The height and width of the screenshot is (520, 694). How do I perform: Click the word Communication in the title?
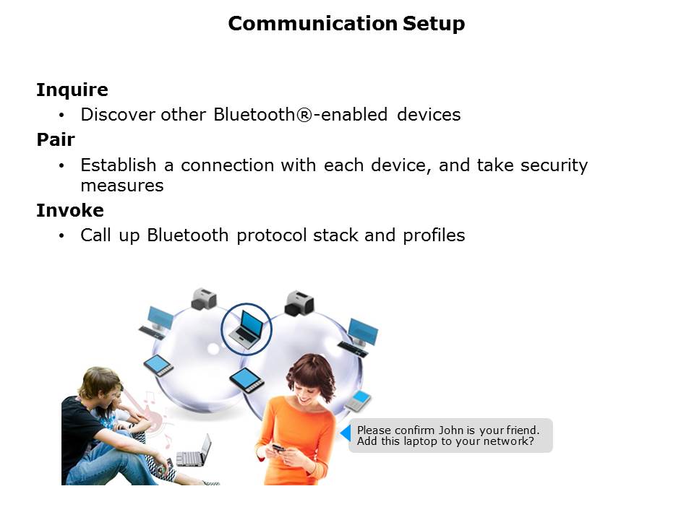[x=312, y=23]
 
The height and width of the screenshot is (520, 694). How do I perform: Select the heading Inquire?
[x=72, y=90]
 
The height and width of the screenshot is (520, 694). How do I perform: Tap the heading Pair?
[x=56, y=139]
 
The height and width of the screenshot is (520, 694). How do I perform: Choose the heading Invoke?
[x=70, y=210]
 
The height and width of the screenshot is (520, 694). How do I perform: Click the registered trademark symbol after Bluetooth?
[x=304, y=115]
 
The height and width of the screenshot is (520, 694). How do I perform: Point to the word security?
[x=554, y=166]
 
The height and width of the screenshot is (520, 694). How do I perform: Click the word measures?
[x=122, y=186]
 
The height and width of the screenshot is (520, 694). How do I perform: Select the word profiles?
[x=434, y=235]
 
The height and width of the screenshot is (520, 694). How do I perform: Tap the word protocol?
[x=271, y=235]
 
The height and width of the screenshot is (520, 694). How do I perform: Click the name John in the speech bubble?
[x=450, y=430]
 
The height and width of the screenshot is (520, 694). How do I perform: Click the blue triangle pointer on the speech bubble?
[x=346, y=433]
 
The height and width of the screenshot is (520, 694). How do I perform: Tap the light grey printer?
[x=204, y=299]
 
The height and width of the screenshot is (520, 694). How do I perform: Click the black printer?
[x=299, y=303]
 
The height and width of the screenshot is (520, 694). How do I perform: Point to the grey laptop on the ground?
[x=194, y=452]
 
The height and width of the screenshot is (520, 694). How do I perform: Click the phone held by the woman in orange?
[x=278, y=448]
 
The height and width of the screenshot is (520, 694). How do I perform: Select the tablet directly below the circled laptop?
[x=247, y=380]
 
